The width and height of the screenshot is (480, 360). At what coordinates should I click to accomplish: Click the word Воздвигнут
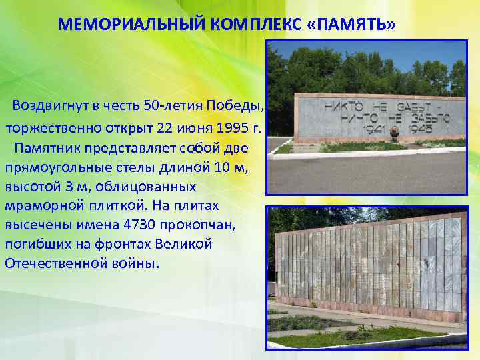pyautogui.click(x=50, y=107)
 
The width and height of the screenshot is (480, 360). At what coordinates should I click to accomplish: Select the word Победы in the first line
pyautogui.click(x=243, y=107)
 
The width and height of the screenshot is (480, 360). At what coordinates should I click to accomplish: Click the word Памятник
pyautogui.click(x=55, y=147)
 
